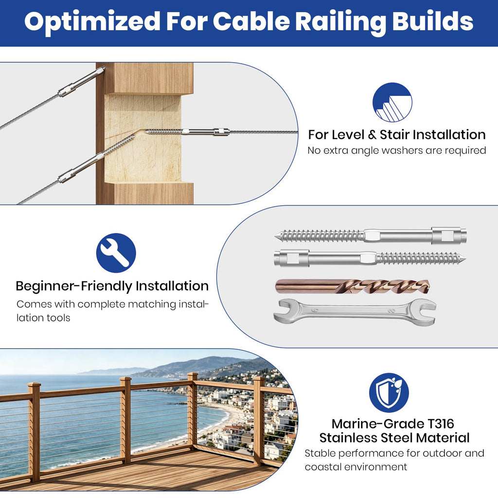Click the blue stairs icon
point(392,102)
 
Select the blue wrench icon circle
point(116,253)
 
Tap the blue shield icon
point(389,392)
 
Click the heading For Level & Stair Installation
point(397,135)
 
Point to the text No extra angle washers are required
point(397,150)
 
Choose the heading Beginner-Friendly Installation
point(112,286)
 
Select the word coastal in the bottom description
point(323,467)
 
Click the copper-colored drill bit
point(352,286)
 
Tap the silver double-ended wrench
point(355,312)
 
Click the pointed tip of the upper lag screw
point(275,236)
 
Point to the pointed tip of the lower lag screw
point(465,257)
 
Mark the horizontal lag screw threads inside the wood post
point(164,131)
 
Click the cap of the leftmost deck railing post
point(34,386)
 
